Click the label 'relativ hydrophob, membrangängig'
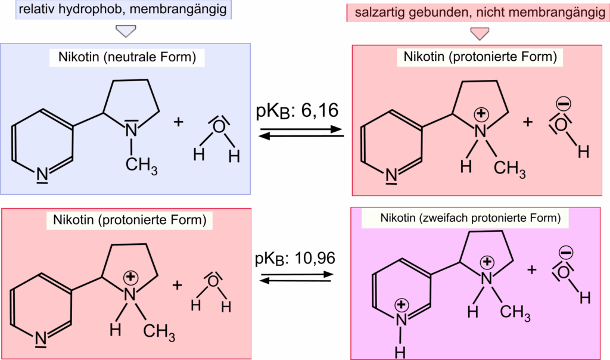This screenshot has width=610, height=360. [117, 10]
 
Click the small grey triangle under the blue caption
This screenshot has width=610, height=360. [126, 31]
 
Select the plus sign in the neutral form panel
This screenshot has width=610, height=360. [179, 122]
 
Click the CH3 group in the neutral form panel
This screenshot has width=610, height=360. [141, 163]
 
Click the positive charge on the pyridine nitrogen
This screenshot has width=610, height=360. [402, 305]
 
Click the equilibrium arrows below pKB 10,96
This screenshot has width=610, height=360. [296, 279]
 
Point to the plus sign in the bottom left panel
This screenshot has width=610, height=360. [177, 284]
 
